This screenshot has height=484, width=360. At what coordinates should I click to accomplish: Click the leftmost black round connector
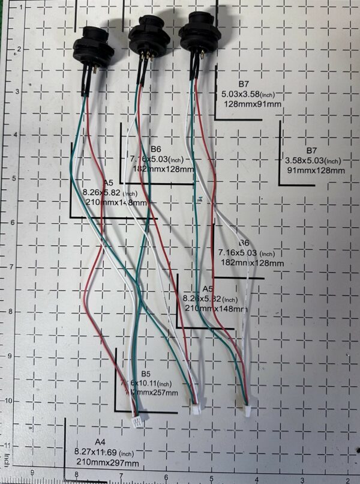point(94,47)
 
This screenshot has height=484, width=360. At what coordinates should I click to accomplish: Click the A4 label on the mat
point(100,442)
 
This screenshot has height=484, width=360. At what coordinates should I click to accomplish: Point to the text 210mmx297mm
point(108,463)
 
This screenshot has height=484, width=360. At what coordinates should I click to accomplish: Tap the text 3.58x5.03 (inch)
point(313,160)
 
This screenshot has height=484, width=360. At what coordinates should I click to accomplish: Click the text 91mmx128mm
point(316,171)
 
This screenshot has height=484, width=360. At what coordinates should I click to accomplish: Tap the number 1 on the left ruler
point(22,7)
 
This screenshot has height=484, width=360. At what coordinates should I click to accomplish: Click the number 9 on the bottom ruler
point(32,474)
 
